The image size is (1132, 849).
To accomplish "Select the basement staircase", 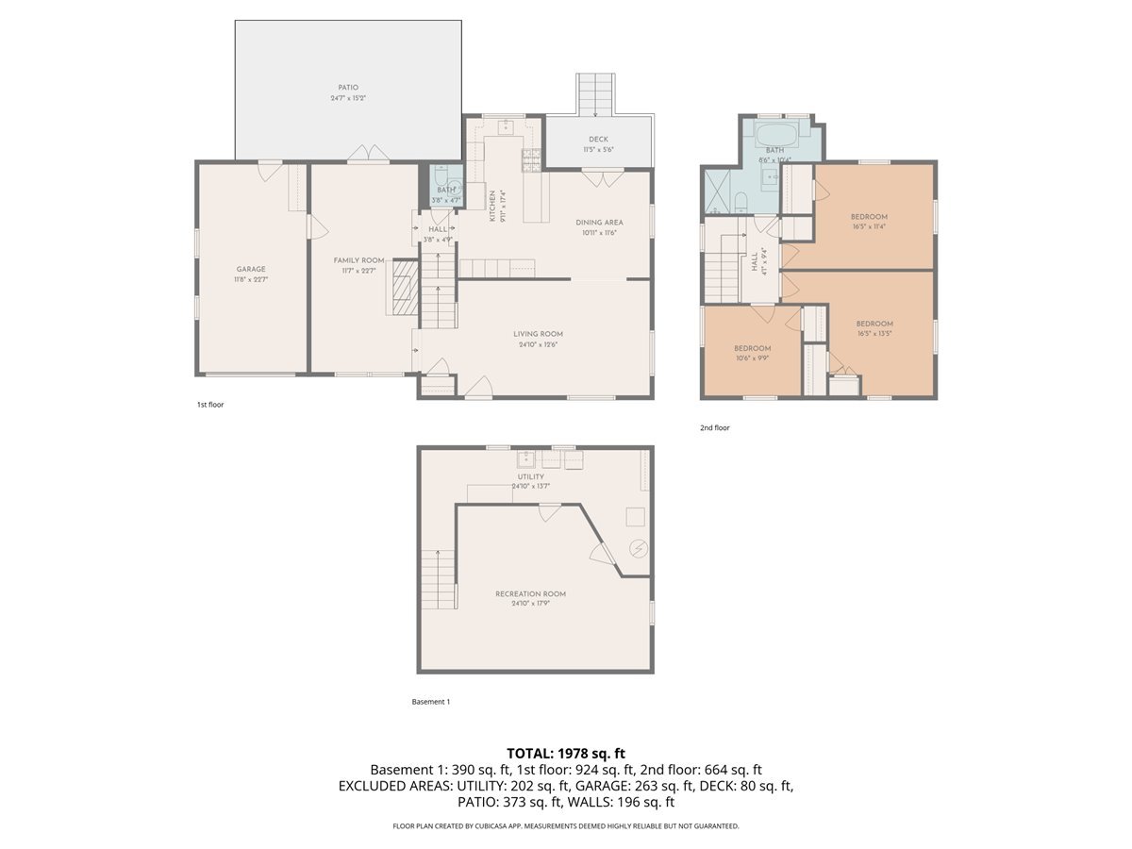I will click(x=438, y=579).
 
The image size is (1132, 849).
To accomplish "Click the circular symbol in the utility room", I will click(x=638, y=548).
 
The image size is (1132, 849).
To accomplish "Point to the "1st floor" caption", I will click(x=209, y=405).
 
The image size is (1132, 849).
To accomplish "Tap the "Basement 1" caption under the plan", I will click(x=431, y=702).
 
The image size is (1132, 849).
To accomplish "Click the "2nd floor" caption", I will click(x=714, y=428).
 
